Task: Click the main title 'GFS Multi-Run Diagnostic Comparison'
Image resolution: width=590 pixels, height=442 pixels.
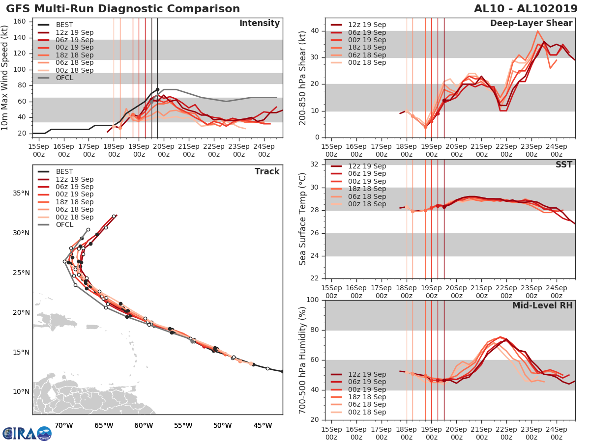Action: pos(123,9)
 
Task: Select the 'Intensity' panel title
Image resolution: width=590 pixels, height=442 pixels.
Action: pos(259,24)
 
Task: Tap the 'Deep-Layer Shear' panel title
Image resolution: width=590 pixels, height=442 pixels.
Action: pos(531,24)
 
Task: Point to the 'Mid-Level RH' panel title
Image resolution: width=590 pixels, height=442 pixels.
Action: pos(542,305)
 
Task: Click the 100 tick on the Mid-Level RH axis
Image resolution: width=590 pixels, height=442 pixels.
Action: pos(313,300)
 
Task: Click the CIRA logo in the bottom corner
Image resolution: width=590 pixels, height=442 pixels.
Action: pos(27,433)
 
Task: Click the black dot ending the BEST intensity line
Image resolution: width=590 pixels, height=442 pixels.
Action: pos(157,90)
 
